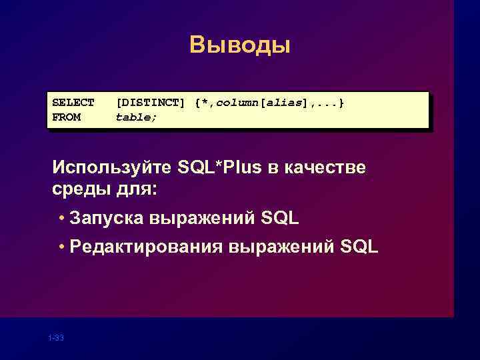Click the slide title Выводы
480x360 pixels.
coord(240,46)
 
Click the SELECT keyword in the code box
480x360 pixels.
coord(73,103)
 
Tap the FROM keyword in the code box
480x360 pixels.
coord(67,117)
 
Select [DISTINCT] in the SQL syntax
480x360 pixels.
coord(151,103)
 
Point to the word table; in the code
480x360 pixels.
coord(137,117)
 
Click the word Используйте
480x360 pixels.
coord(111,166)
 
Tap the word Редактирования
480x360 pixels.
coord(147,247)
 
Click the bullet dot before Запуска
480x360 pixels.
coord(61,219)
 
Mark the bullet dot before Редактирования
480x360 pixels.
coord(61,248)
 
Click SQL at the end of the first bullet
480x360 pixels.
coord(281,218)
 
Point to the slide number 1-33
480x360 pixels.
coord(56,339)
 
